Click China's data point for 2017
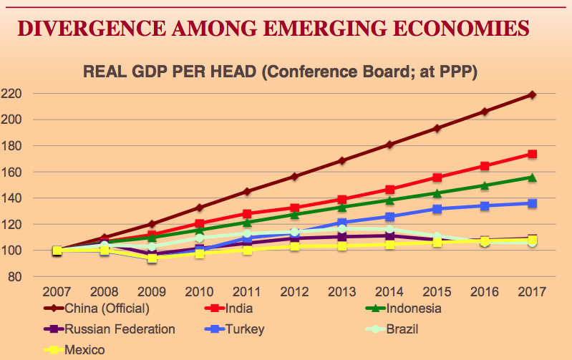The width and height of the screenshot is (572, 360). (532, 94)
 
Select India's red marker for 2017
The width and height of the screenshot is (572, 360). (532, 154)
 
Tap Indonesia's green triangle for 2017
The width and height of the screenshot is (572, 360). (532, 177)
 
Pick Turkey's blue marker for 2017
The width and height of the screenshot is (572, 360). (532, 203)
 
